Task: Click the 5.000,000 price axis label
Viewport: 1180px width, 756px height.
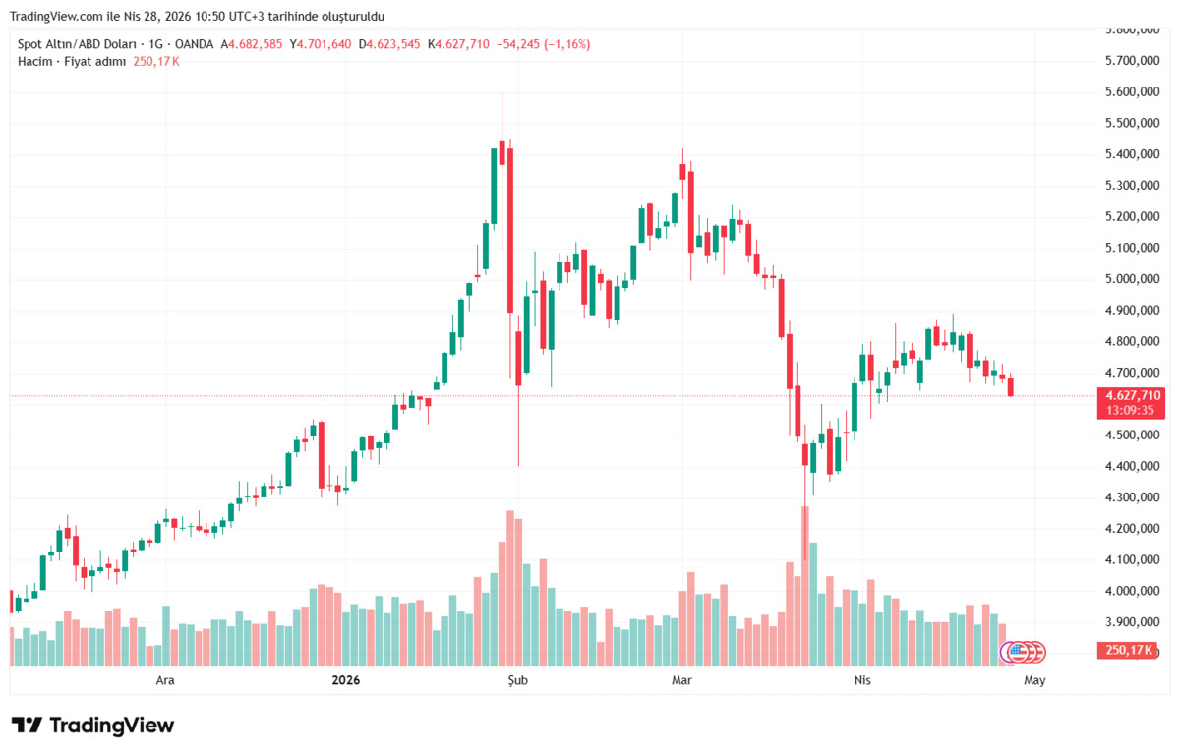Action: coord(1132,278)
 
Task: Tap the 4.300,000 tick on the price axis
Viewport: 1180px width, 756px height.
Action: coord(1132,497)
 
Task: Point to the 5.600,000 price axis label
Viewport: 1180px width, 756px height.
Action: coord(1132,91)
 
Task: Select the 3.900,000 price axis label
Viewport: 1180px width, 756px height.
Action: coord(1132,622)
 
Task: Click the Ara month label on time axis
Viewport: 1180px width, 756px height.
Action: coord(165,680)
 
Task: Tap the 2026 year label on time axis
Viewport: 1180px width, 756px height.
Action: coord(345,680)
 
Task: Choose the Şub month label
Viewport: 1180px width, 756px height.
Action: coord(517,680)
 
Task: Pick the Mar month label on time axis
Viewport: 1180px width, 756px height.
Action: coord(681,680)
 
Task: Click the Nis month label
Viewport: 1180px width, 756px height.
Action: coord(862,680)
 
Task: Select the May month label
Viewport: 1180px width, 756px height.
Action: coord(1034,680)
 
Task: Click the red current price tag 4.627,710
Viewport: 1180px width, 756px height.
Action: coord(1131,395)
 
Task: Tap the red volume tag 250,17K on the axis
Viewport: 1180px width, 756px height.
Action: coord(1127,650)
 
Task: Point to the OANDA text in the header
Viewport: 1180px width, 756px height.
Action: coord(194,44)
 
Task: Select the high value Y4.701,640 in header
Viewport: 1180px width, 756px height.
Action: coord(321,44)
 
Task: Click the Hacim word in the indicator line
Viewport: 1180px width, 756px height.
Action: coord(34,62)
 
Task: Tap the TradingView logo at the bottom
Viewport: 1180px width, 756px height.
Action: coord(92,726)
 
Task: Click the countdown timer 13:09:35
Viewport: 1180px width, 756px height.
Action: coord(1130,410)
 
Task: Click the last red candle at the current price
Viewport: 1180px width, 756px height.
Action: coord(1011,386)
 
